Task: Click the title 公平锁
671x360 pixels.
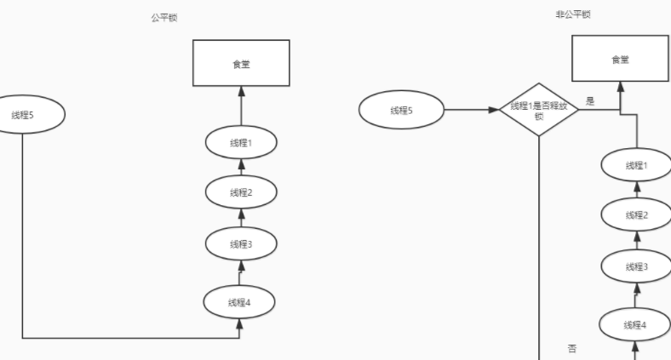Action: tap(164, 18)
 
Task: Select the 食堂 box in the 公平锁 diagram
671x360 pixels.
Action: tap(241, 63)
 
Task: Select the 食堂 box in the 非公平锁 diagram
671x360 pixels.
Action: tap(620, 59)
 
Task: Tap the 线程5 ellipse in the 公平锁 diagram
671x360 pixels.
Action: tap(27, 115)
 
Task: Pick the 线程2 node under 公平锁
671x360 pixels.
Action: tap(241, 192)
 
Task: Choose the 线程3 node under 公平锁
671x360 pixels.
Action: tap(241, 244)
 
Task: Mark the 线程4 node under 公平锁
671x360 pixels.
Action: tap(241, 301)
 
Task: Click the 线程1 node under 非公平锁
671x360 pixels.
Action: tap(636, 165)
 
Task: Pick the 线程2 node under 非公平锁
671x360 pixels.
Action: tap(636, 214)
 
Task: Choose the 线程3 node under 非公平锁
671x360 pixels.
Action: tap(636, 266)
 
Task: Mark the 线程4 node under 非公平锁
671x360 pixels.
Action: tap(636, 324)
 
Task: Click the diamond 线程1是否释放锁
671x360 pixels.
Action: tap(538, 111)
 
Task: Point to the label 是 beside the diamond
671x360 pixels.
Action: tap(590, 100)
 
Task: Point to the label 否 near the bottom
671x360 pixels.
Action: tap(572, 349)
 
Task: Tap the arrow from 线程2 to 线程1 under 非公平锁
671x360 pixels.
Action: tap(636, 190)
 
